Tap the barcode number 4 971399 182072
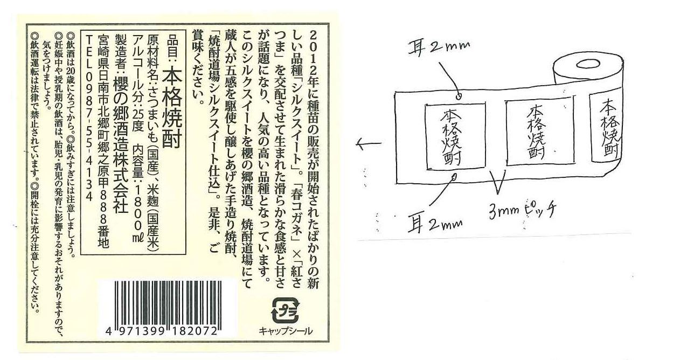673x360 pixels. pyautogui.click(x=162, y=331)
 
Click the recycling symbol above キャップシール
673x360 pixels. pyautogui.click(x=286, y=310)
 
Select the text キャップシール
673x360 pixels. pyautogui.click(x=286, y=331)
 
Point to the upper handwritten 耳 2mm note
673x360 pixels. pyautogui.click(x=439, y=49)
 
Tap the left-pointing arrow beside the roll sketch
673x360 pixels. pyautogui.click(x=369, y=144)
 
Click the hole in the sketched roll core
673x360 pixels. pyautogui.click(x=584, y=64)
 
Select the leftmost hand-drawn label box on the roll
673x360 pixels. pyautogui.click(x=455, y=136)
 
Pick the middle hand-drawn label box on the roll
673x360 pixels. pyautogui.click(x=540, y=132)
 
